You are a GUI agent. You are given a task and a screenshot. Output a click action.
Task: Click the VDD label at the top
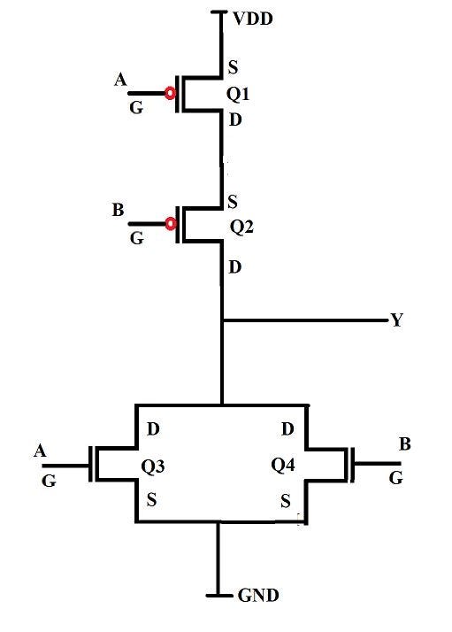click(254, 17)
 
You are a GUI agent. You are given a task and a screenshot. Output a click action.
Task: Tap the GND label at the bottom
click(257, 596)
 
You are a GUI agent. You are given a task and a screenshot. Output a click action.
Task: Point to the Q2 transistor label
click(242, 227)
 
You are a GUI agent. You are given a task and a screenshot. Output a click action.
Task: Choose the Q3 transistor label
click(153, 466)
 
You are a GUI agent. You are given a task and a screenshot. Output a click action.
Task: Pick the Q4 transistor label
click(284, 466)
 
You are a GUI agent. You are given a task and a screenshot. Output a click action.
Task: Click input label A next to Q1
click(121, 81)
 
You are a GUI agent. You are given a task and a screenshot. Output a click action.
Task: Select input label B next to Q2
click(119, 212)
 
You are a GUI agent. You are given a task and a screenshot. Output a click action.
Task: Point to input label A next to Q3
click(40, 451)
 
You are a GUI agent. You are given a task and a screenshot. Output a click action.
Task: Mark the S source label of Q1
click(233, 67)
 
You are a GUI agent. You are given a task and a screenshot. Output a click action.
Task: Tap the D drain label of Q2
click(234, 266)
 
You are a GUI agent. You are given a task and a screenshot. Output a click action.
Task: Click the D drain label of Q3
click(153, 430)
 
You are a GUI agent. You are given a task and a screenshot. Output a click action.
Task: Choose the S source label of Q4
click(285, 502)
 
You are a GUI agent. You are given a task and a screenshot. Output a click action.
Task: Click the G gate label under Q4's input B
click(395, 478)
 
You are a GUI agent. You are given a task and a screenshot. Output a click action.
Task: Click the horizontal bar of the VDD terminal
click(220, 12)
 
